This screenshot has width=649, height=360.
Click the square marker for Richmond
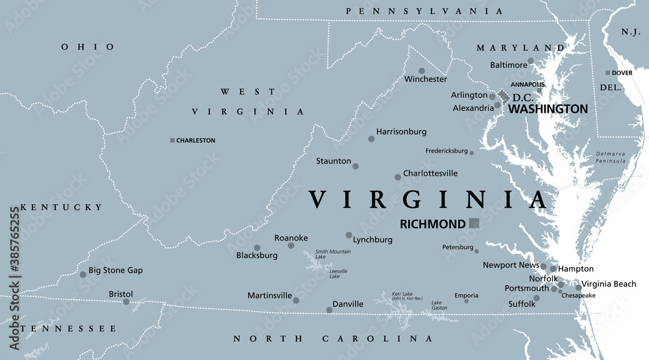[x=474, y=223]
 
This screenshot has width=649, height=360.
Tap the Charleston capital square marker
[x=172, y=140]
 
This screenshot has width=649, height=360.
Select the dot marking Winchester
[x=422, y=71]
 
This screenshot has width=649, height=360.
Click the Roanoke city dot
[x=291, y=245]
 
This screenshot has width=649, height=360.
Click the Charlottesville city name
[x=430, y=173]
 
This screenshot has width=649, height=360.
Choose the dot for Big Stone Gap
[x=82, y=274]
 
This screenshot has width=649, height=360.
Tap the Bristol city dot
[x=126, y=301]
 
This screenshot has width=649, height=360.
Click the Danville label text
[x=347, y=304]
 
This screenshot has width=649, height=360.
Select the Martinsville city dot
[x=296, y=300]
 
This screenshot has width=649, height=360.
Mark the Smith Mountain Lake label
[x=333, y=254]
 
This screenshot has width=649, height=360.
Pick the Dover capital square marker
[x=607, y=73]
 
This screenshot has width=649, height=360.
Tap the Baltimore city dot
[x=531, y=60]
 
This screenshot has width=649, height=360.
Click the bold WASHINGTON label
[x=548, y=109]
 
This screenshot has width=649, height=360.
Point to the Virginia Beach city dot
[x=578, y=287]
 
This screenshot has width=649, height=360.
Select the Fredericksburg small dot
[x=472, y=153]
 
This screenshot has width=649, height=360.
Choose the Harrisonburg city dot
[x=371, y=138]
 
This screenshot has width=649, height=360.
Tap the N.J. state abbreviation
[x=630, y=32]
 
